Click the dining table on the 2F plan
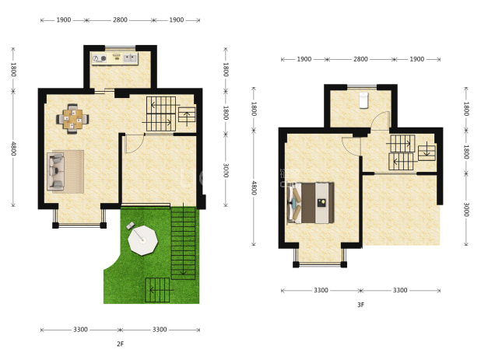point(72,118)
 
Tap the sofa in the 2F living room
point(55,172)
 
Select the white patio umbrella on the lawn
point(142,240)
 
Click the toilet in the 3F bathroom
point(363,100)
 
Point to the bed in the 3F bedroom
point(311,202)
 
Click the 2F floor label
point(120,344)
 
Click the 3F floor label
point(361,305)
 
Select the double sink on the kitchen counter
point(131,58)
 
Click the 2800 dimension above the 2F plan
point(120,20)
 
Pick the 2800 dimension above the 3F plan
point(360,59)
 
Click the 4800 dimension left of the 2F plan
point(13,149)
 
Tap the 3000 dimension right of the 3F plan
point(466,210)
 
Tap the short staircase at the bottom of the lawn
point(157,290)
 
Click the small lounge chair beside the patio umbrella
point(130,225)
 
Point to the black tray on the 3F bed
point(321,203)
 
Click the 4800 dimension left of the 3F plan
point(254,188)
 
